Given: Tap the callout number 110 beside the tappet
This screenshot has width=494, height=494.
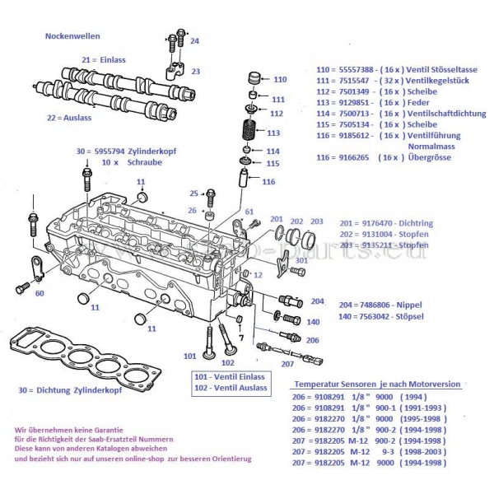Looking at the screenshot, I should point(280,80).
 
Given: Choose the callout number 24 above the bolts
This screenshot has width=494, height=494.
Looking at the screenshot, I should point(193,40).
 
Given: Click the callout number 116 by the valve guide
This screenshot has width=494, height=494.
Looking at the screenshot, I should point(268,181).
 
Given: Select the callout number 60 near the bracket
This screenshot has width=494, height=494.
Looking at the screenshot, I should point(40,292).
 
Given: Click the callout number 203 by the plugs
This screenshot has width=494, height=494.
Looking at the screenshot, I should point(317,221).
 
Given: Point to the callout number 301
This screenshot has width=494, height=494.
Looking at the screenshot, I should point(301,261).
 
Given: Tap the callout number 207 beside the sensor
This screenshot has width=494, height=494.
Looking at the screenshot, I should point(287,363).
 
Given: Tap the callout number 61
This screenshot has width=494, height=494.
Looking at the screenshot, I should point(248,212).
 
